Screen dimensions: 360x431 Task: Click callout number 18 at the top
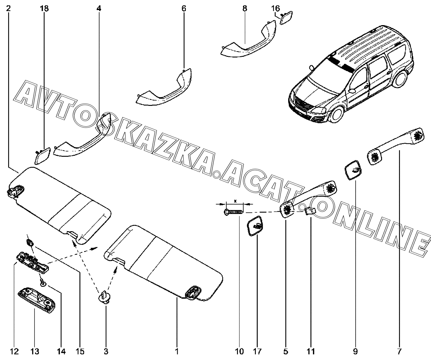point(44,8)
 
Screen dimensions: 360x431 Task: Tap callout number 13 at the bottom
point(35,351)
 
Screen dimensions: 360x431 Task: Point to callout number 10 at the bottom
point(240,351)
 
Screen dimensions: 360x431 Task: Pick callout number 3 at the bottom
point(106,351)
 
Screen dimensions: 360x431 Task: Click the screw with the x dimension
point(234,212)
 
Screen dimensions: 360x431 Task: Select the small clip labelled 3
point(104,297)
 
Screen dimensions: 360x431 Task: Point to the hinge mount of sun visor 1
point(194,292)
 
